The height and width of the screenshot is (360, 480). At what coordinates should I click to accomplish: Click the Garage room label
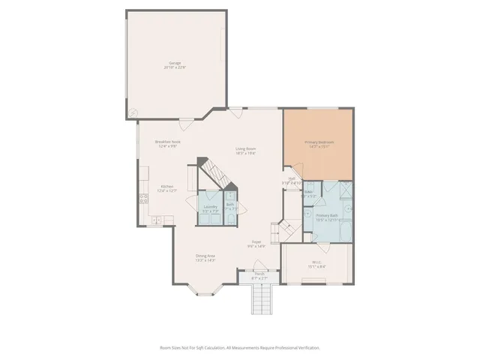(175, 65)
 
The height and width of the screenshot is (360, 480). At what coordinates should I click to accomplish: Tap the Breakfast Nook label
(167, 144)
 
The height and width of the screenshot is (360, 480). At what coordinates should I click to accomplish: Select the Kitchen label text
(167, 188)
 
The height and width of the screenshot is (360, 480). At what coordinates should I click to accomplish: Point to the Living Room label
(246, 151)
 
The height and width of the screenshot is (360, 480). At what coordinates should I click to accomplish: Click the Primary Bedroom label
(319, 144)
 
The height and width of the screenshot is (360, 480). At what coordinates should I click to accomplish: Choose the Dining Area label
(205, 258)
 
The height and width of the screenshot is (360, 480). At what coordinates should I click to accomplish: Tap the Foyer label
(256, 244)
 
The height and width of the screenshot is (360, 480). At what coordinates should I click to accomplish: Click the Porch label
(259, 277)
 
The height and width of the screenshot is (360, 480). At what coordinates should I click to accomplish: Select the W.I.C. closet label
(316, 264)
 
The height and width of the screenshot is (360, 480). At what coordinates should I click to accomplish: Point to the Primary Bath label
(326, 217)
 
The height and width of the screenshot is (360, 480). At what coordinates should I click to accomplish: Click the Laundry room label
(210, 208)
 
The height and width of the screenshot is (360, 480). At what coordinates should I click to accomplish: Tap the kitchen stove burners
(142, 199)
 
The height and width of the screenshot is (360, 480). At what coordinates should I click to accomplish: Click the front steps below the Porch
(259, 301)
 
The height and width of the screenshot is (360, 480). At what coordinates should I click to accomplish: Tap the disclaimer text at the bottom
(239, 347)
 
